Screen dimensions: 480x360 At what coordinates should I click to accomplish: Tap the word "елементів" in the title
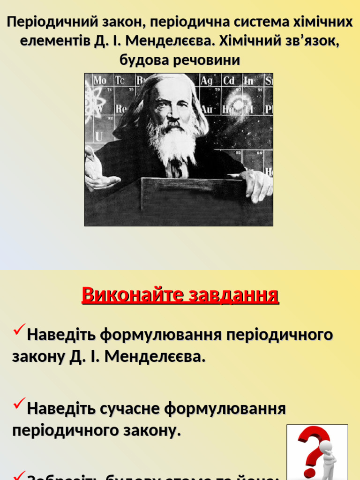pos(54,41)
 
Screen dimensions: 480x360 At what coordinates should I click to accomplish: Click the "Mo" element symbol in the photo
pos(99,81)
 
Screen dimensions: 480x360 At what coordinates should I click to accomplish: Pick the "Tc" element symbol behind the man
pos(120,81)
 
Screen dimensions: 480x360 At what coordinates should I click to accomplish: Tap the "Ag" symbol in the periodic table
pos(207,81)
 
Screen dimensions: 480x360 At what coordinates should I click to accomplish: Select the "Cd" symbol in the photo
pos(228,81)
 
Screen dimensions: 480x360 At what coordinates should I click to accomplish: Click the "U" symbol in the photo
pos(98,136)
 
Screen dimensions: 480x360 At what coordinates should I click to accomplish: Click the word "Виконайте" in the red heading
pos(133,295)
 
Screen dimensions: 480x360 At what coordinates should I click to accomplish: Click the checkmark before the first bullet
pos(19,332)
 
